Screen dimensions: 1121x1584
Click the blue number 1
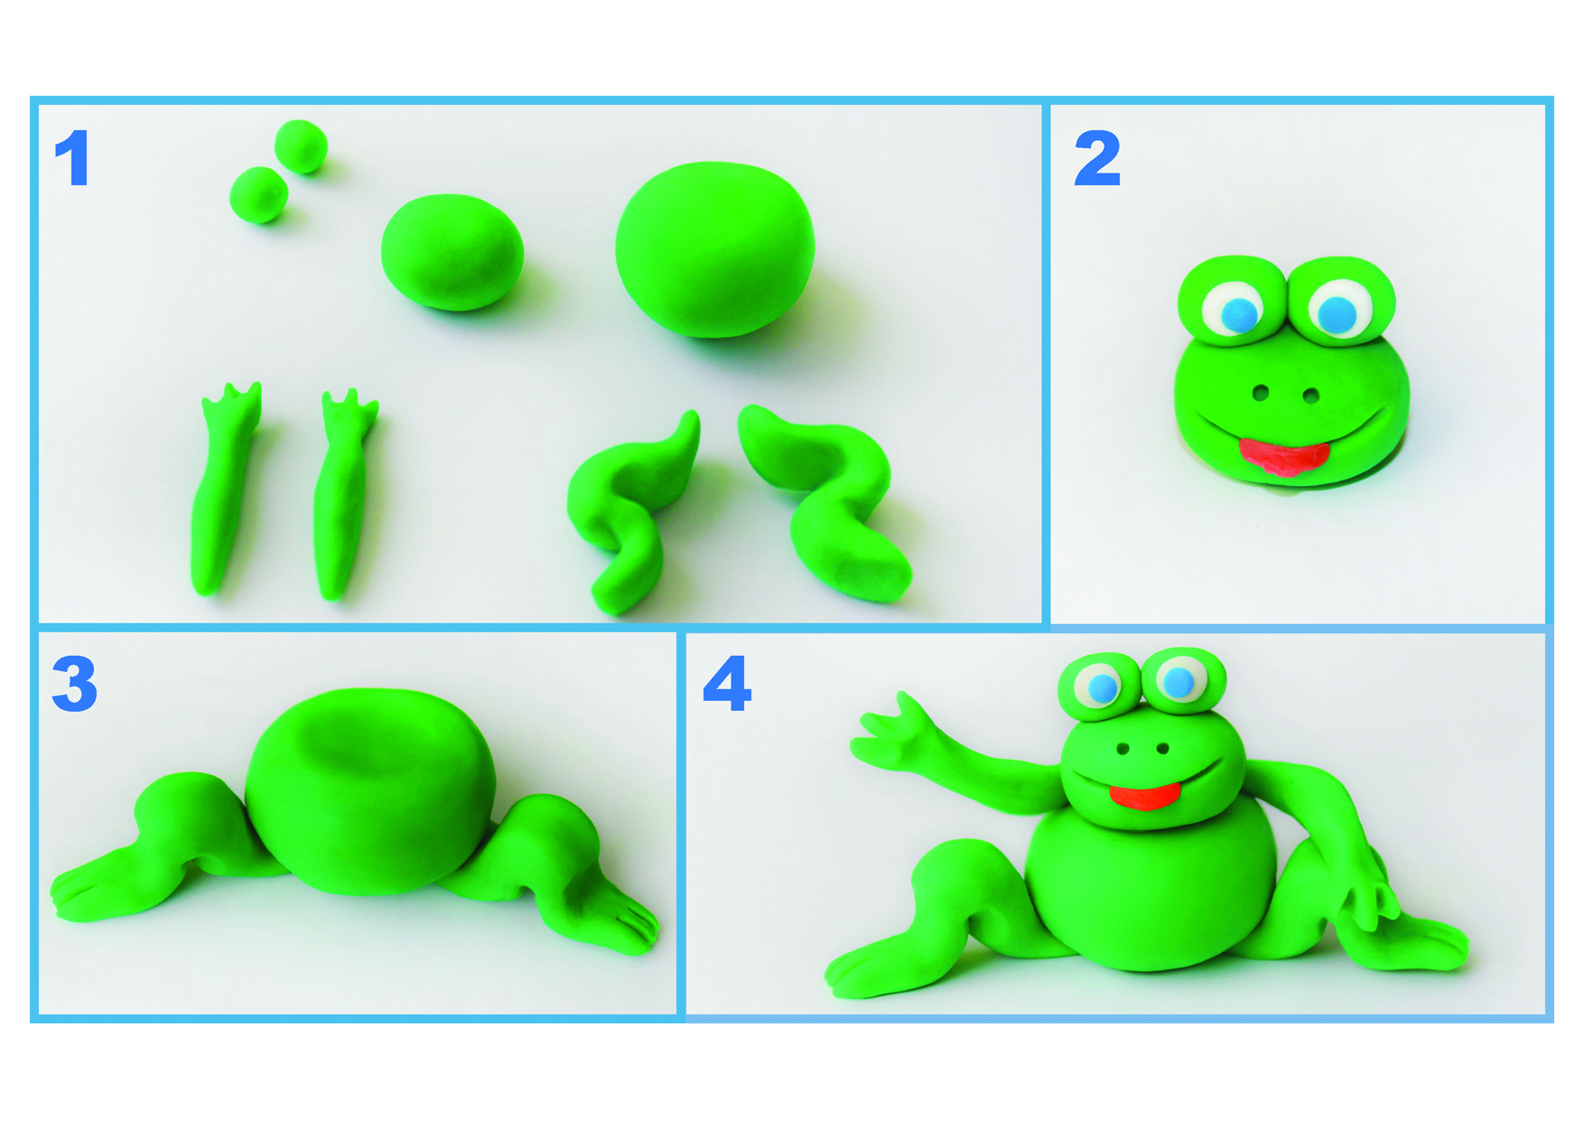(x=73, y=158)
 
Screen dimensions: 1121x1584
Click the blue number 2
(x=1097, y=158)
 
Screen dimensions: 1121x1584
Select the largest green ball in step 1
(x=714, y=248)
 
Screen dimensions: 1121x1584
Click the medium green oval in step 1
(x=452, y=251)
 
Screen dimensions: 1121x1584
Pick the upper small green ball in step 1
(x=301, y=145)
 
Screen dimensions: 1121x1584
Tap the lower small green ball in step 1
(x=259, y=194)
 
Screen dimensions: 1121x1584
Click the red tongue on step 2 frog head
(x=1282, y=455)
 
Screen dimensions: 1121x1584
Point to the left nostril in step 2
(x=1261, y=392)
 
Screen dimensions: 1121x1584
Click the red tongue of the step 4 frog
(x=1144, y=796)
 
